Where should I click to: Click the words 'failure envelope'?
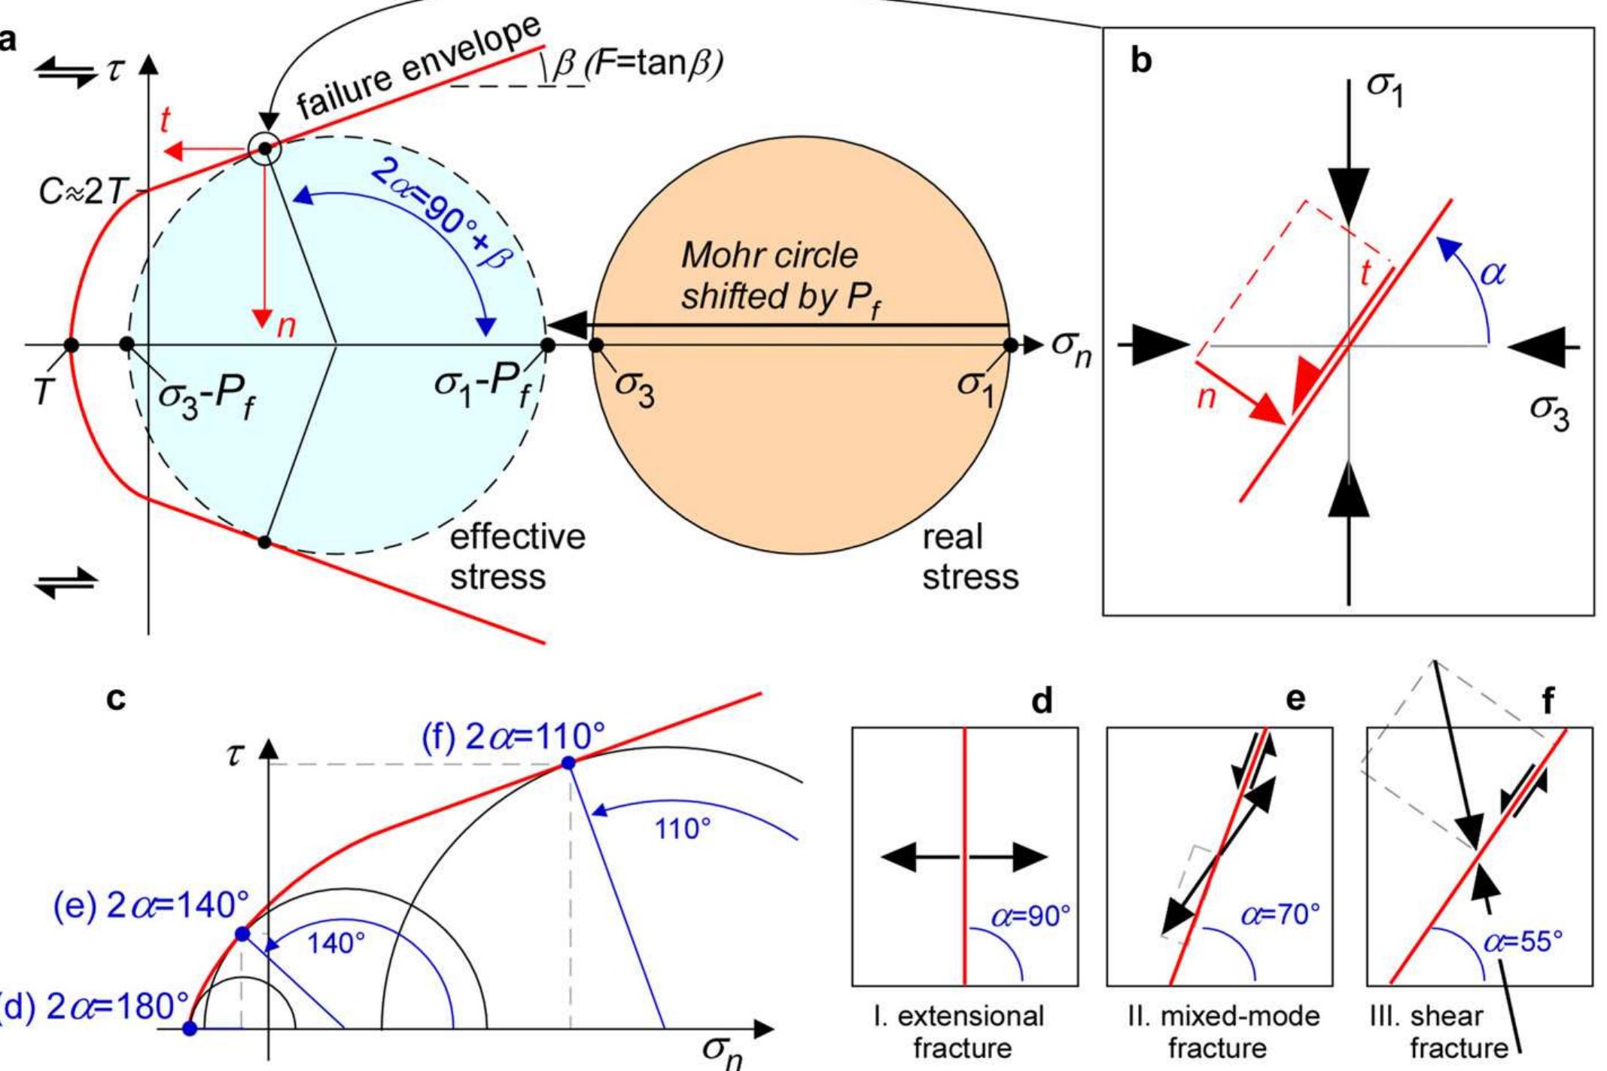coord(418,68)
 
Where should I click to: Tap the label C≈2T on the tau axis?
coord(81,193)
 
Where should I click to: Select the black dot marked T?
coord(71,345)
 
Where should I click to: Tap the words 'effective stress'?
coord(516,557)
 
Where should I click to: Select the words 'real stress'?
coord(969,557)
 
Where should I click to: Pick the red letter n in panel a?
coord(286,326)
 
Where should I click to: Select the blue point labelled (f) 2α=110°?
coord(568,763)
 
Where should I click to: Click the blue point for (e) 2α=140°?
coord(242,934)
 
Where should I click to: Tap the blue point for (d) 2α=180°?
coord(190,1028)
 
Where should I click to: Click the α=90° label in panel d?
coord(1030,916)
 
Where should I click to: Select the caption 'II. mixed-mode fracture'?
coord(1223,1031)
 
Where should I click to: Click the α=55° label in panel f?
coord(1523,942)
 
